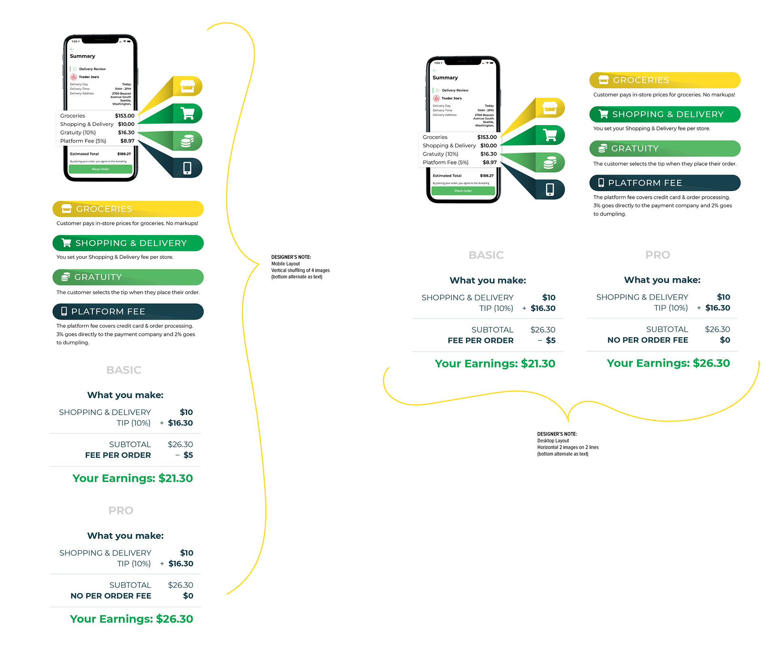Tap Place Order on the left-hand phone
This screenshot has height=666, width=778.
(100, 169)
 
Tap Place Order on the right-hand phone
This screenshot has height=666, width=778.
(463, 191)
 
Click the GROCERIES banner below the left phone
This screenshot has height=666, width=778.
(128, 209)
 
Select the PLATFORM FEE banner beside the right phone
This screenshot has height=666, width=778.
(665, 183)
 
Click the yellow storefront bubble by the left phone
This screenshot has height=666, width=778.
(187, 86)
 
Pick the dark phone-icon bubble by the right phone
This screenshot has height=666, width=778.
(550, 189)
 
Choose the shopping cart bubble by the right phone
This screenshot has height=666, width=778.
(550, 135)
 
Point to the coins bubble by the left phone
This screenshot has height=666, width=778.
(187, 141)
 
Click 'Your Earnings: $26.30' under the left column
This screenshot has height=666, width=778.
(131, 619)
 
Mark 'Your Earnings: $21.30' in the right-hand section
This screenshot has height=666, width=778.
(495, 363)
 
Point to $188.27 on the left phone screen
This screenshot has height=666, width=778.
(124, 154)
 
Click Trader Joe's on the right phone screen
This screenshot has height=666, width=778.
(451, 98)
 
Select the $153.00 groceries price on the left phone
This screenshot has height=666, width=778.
(124, 116)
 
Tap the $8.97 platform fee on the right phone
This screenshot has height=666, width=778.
(489, 162)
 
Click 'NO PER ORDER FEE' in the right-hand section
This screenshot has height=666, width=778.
(648, 340)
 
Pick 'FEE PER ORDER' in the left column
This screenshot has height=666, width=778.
(118, 455)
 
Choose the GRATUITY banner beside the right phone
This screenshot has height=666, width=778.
(665, 149)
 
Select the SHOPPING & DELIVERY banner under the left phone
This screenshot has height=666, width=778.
(128, 243)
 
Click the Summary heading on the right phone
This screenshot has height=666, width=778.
(445, 78)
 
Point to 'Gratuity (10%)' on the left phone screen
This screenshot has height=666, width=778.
(78, 132)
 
